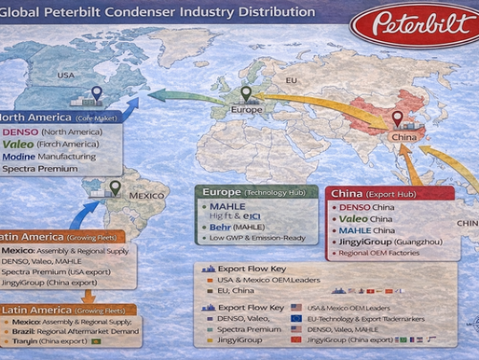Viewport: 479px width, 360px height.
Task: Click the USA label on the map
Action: coord(66,75)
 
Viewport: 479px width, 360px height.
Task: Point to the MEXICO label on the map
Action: coord(146,196)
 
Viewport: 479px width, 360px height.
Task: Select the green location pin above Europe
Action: coord(246,94)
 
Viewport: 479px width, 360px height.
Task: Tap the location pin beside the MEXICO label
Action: coord(115,188)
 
